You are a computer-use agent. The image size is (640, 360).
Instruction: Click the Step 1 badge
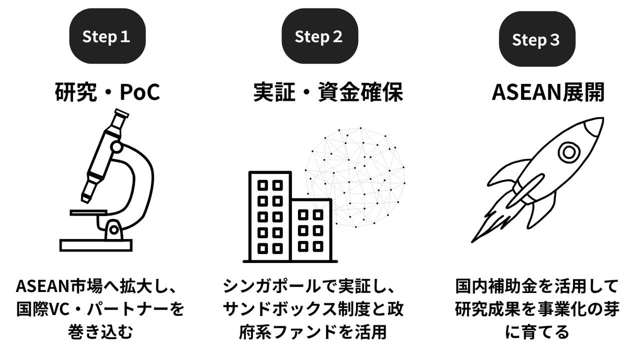tap(106, 36)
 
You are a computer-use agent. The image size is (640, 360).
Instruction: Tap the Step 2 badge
tap(318, 36)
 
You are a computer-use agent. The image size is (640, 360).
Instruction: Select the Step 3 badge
tap(535, 39)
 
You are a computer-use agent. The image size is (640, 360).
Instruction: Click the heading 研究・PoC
tap(107, 92)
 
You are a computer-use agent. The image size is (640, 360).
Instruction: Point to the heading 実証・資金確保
tap(328, 92)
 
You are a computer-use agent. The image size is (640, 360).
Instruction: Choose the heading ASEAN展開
tap(548, 92)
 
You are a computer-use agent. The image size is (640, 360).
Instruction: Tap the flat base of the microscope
tap(96, 245)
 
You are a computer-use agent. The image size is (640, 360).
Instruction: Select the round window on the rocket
tap(568, 150)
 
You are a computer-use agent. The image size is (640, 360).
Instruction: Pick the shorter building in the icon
tap(311, 230)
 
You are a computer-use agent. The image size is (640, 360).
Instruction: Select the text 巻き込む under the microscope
tap(100, 331)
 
